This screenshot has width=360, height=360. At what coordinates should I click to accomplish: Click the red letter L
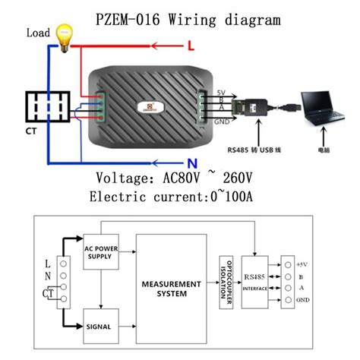pyautogui.click(x=191, y=48)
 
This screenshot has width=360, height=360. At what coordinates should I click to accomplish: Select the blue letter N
pyautogui.click(x=192, y=161)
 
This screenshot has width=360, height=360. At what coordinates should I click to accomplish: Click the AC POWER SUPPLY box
pyautogui.click(x=103, y=251)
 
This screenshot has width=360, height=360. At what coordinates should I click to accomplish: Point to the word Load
pyautogui.click(x=38, y=33)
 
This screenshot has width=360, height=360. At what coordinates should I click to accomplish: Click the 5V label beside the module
pyautogui.click(x=219, y=91)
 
